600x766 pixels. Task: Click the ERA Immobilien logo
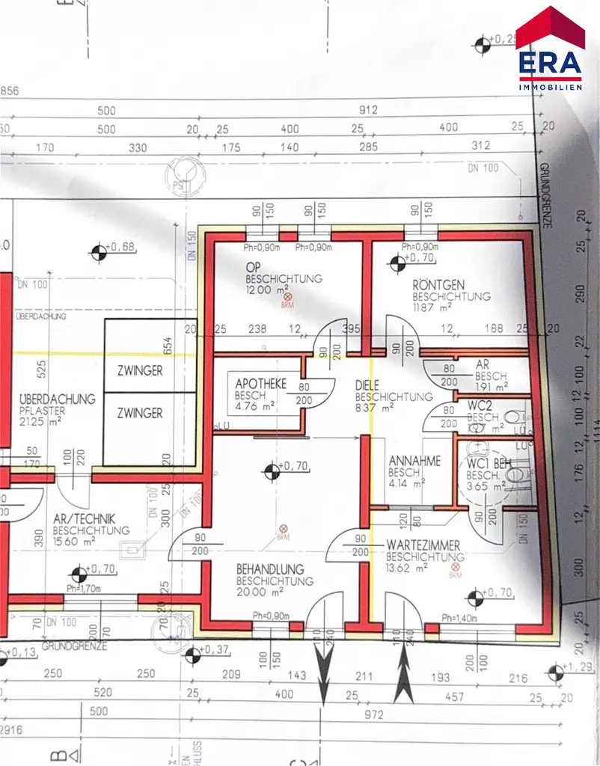[x=551, y=49]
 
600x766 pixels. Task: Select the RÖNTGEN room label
[x=438, y=285]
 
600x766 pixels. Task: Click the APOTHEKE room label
[x=260, y=383]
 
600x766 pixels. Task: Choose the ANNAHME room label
[x=414, y=462]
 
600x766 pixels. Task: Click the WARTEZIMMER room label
[x=423, y=546]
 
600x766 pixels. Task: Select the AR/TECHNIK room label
[x=82, y=519]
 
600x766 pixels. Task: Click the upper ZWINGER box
[x=139, y=370]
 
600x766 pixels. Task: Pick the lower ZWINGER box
[x=139, y=413]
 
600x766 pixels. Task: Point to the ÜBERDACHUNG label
[x=58, y=399]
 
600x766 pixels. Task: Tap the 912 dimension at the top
[x=368, y=111]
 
